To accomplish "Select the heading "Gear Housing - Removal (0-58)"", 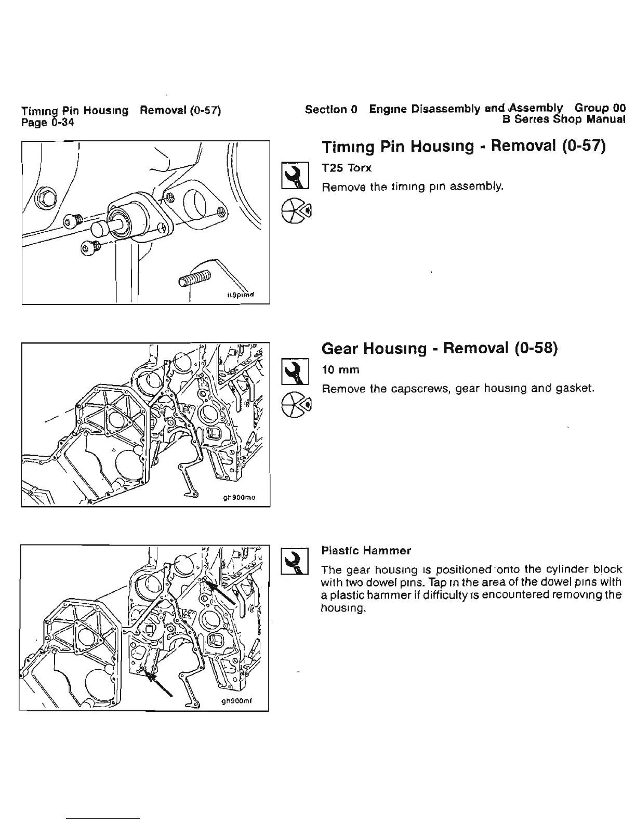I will pyautogui.click(x=440, y=348).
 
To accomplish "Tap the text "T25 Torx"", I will pyautogui.click(x=347, y=168).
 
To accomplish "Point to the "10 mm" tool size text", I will pyautogui.click(x=341, y=370).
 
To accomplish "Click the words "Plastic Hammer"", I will pyautogui.click(x=366, y=550).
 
